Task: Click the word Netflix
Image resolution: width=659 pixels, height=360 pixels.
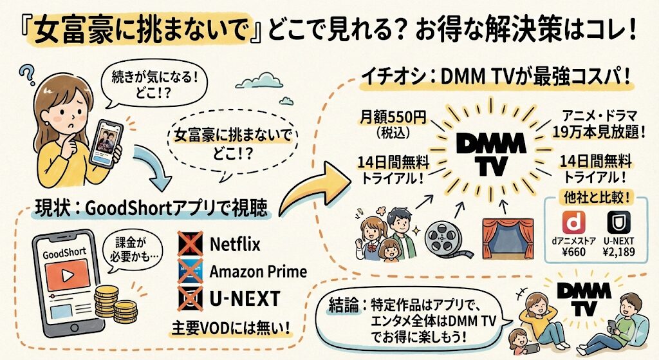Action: [x=235, y=245]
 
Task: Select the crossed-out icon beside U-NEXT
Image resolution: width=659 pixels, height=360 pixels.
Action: [x=189, y=298]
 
